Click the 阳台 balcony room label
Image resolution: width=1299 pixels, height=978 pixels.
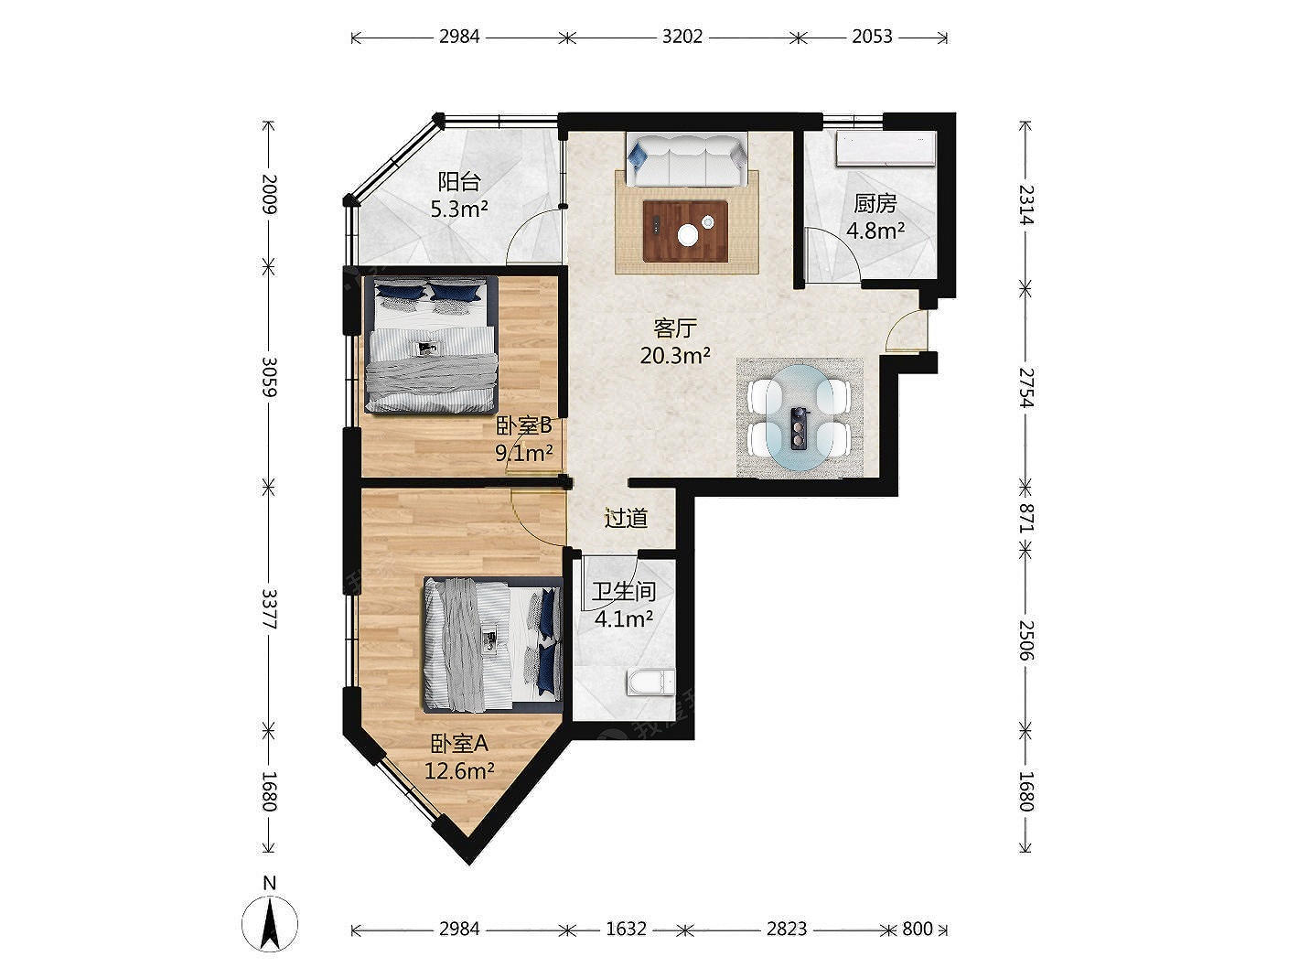coord(458,182)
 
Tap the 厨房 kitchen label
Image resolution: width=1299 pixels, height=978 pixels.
coord(875,203)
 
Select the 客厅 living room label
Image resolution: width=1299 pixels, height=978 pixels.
coord(674,328)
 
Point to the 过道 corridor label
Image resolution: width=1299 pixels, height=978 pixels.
coord(626,519)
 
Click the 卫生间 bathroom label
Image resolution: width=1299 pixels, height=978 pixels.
coord(624,591)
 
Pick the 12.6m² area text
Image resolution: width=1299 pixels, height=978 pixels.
coord(459,771)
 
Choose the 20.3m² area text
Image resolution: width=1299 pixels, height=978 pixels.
coord(674,356)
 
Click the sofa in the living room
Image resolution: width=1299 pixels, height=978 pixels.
coord(686,158)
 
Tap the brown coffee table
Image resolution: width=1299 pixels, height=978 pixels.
coord(685,231)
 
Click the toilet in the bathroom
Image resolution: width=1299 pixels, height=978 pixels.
coord(651,682)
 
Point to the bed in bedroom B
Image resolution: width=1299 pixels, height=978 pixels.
coord(430,344)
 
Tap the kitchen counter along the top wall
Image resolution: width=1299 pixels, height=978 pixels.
coord(886,148)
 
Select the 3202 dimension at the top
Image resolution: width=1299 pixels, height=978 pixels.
coord(682,37)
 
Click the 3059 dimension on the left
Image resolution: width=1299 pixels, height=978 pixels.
coord(269,377)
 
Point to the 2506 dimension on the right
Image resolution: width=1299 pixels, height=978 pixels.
coord(1025,641)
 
